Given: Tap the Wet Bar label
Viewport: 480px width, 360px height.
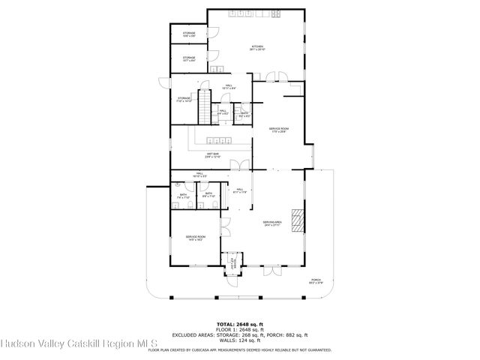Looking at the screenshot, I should (213, 155).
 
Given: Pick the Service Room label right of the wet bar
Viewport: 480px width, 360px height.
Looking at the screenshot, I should (279, 130).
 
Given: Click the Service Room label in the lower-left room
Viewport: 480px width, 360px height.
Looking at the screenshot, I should (196, 238).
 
